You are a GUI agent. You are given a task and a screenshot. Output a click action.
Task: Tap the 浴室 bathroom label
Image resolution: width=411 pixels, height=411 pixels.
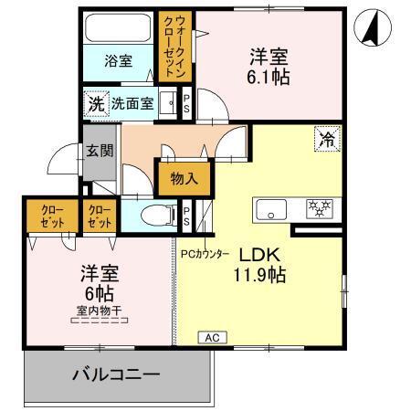pyautogui.click(x=118, y=61)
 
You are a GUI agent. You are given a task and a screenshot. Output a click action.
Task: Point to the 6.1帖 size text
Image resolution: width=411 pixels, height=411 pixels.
pyautogui.click(x=269, y=78)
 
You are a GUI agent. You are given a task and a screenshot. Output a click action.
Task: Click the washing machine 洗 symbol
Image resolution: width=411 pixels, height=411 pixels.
pyautogui.click(x=96, y=103)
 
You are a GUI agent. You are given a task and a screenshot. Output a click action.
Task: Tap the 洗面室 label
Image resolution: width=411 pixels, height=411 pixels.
pyautogui.click(x=132, y=103)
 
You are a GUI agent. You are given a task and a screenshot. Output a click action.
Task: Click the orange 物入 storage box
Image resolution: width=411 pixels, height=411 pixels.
pyautogui.click(x=184, y=179)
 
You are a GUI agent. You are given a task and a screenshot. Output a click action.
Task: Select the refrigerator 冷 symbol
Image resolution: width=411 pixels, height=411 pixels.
pyautogui.click(x=326, y=139)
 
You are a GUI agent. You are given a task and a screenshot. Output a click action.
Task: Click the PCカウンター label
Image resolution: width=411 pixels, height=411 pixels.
pyautogui.click(x=205, y=255)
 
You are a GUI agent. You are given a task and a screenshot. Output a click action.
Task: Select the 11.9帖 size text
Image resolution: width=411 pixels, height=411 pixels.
pyautogui.click(x=265, y=275)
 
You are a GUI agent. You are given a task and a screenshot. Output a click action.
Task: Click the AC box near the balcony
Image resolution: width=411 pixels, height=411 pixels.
pyautogui.click(x=212, y=338)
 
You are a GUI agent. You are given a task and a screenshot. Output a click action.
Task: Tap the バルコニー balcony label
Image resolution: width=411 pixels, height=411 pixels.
pyautogui.click(x=117, y=374)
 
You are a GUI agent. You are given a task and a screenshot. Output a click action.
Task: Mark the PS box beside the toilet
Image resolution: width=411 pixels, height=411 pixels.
pyautogui.click(x=186, y=216)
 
